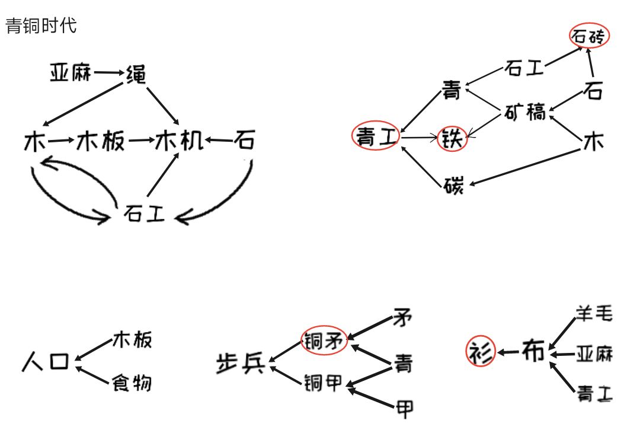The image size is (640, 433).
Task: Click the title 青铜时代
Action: point(41,26)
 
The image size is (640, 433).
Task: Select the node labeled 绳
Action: point(136,74)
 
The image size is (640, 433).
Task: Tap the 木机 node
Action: point(179,141)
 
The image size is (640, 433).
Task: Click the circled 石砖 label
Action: point(589,37)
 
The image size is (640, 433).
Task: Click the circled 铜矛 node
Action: point(324,340)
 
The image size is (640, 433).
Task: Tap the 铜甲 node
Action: point(323,383)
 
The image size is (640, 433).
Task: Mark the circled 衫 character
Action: point(480,352)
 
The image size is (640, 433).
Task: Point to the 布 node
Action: point(533,351)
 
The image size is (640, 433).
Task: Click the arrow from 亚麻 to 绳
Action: point(107,73)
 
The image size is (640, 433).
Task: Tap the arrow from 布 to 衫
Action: point(508,352)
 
